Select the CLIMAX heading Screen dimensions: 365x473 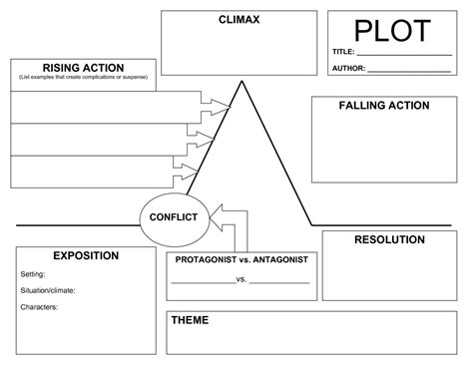click(x=240, y=20)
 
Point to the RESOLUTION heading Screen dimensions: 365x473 click(x=389, y=239)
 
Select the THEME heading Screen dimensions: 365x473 click(x=190, y=320)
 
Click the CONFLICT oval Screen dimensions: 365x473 click(x=173, y=217)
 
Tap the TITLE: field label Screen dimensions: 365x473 click(x=343, y=52)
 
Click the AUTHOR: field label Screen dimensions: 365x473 click(x=348, y=69)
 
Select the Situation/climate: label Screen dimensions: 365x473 click(x=48, y=290)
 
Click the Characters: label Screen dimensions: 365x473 click(x=39, y=307)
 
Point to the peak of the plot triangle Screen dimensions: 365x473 click(x=240, y=83)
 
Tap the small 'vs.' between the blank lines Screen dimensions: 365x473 click(x=240, y=279)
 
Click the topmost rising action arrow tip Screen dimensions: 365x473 click(x=228, y=106)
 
